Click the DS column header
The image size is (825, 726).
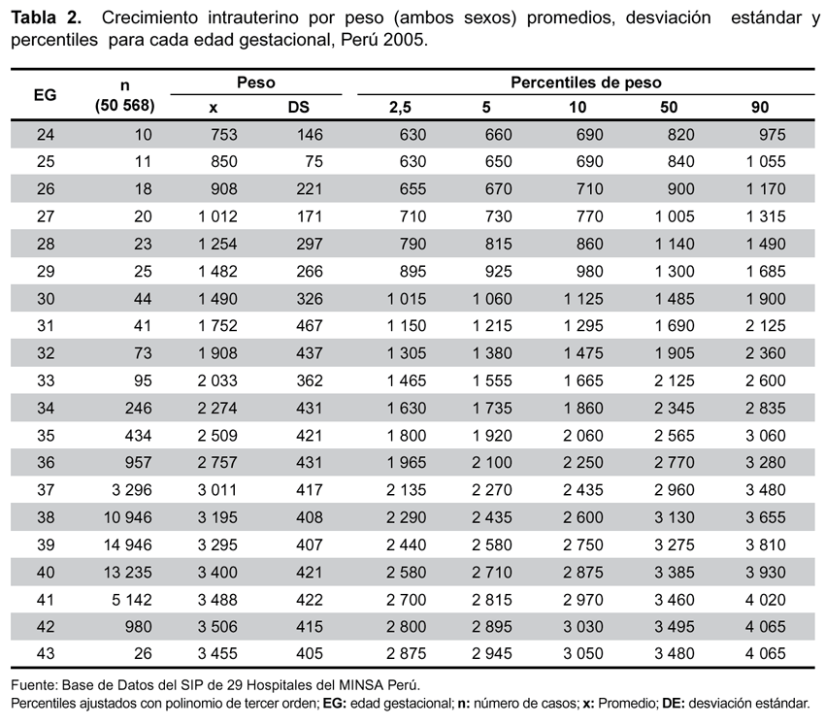pos(298,108)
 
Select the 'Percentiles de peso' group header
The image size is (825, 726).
pos(586,82)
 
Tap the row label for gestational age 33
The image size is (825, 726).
pos(46,380)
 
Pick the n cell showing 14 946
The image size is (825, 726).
pos(128,544)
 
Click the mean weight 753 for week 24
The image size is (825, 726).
pos(224,135)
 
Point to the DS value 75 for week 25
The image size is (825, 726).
pos(313,161)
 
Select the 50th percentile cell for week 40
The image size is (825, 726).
pos(675,572)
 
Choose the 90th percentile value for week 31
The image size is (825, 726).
pos(766,326)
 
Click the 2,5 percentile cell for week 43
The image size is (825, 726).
pos(406,653)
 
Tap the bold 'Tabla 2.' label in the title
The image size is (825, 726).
pos(47,17)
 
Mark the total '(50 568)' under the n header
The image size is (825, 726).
pos(124,106)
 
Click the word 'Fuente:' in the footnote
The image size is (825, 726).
pos(34,685)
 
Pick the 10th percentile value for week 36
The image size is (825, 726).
pos(583,462)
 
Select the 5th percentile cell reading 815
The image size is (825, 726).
pos(498,245)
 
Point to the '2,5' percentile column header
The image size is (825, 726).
pos(400,108)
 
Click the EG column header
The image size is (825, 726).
pos(46,95)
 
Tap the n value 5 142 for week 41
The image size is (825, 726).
pos(132,599)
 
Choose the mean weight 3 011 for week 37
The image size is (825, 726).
pos(217,490)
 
